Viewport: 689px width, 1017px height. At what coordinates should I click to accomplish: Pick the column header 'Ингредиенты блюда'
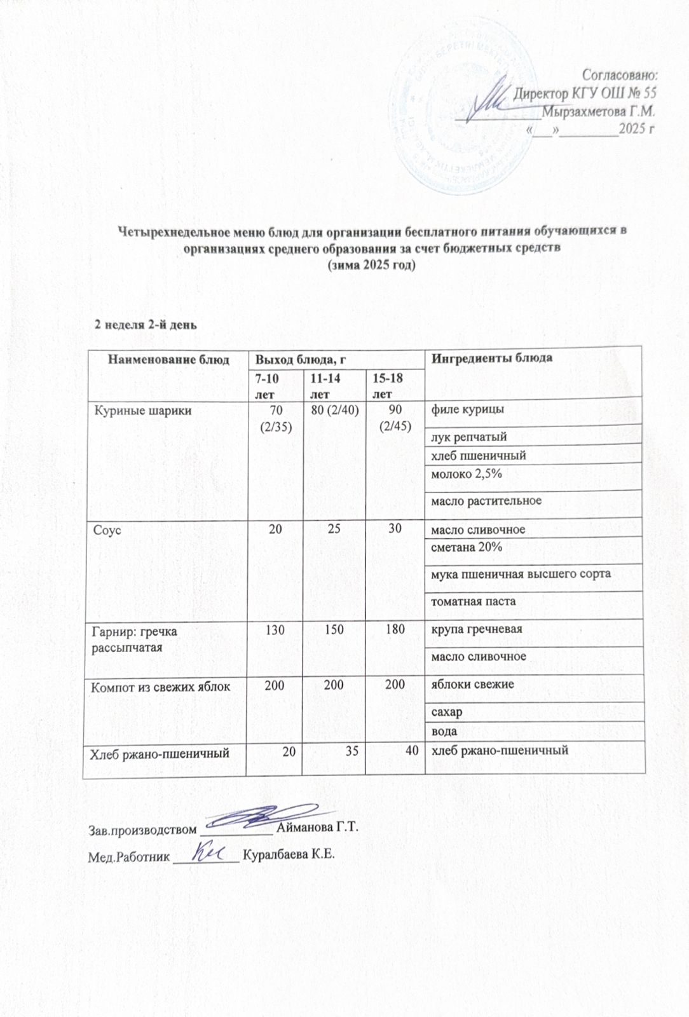[x=492, y=358]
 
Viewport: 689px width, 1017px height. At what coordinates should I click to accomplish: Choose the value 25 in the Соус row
[x=335, y=528]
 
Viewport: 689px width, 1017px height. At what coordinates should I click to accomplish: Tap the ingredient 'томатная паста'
[x=474, y=601]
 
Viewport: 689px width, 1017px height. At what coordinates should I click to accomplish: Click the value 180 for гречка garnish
[x=395, y=629]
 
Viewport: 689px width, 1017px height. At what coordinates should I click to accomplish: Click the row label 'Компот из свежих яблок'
[x=160, y=686]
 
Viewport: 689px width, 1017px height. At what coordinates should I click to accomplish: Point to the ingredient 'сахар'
[x=447, y=713]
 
